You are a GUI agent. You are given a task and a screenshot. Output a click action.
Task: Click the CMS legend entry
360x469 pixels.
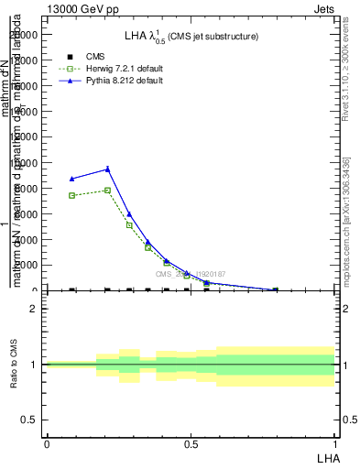click(x=95, y=57)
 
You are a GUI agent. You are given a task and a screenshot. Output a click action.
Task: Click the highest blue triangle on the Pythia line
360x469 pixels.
click(x=107, y=169)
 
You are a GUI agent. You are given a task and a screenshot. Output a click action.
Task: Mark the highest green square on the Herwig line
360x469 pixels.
click(x=107, y=191)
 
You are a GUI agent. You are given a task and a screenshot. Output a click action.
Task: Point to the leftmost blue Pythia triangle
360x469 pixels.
click(x=72, y=179)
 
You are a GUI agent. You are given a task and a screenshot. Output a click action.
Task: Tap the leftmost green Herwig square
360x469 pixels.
click(x=72, y=195)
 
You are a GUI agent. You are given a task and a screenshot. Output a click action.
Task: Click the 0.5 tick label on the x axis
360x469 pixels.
click(x=191, y=443)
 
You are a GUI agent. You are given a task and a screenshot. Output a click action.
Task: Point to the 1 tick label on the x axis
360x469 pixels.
click(x=335, y=443)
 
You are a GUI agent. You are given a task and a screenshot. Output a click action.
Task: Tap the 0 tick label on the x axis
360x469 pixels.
click(x=47, y=443)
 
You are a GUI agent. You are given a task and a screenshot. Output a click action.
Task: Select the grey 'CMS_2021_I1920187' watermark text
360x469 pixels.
click(x=190, y=274)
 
